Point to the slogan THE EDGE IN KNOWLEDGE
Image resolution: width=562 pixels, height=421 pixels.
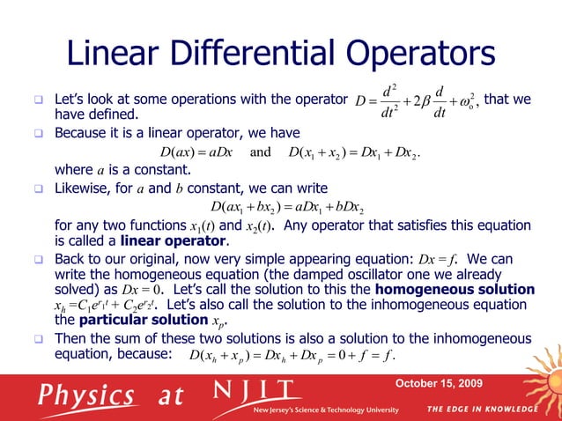point(482,409)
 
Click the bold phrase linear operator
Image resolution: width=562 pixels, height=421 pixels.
point(162,240)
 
